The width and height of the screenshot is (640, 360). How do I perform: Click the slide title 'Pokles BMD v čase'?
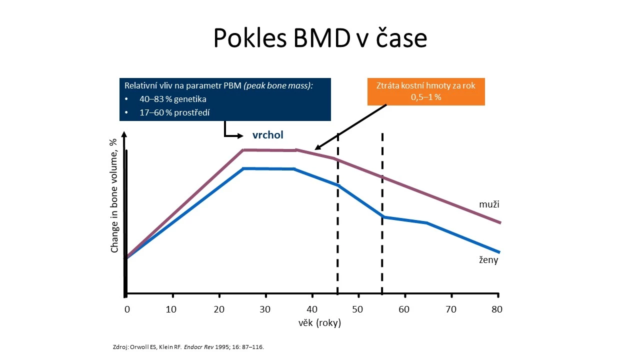coord(320,37)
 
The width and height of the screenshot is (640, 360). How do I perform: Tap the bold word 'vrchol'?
coord(267,135)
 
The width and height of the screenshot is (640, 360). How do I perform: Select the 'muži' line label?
coord(489,204)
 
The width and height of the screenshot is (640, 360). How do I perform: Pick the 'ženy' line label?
coord(488,259)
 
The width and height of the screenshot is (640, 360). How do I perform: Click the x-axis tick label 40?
coord(312,309)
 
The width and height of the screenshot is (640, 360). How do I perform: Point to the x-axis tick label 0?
coord(127,309)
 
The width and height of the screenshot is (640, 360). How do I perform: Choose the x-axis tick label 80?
coord(497,309)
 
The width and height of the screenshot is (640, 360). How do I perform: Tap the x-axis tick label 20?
coord(219,309)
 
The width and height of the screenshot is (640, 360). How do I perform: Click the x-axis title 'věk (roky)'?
coord(319,323)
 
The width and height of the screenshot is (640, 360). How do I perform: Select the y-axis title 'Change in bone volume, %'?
coord(114,195)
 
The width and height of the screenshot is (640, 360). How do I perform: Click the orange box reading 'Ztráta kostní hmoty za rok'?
coord(426,91)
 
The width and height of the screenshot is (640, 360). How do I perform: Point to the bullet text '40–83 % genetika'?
coord(173,99)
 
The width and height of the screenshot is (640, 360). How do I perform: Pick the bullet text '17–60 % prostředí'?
coord(174,112)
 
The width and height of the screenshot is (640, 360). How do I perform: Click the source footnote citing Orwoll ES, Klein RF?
coord(188,347)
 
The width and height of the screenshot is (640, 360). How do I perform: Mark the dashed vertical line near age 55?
coord(382,213)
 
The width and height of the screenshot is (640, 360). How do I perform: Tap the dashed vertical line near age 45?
coord(337,213)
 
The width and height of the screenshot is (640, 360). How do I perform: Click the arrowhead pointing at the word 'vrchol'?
coord(240,136)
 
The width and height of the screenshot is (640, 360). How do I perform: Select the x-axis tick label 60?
coord(404,309)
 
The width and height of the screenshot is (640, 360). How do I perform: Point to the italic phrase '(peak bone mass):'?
coord(278,85)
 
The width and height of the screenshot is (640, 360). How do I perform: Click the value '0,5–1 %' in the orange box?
coord(426,97)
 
